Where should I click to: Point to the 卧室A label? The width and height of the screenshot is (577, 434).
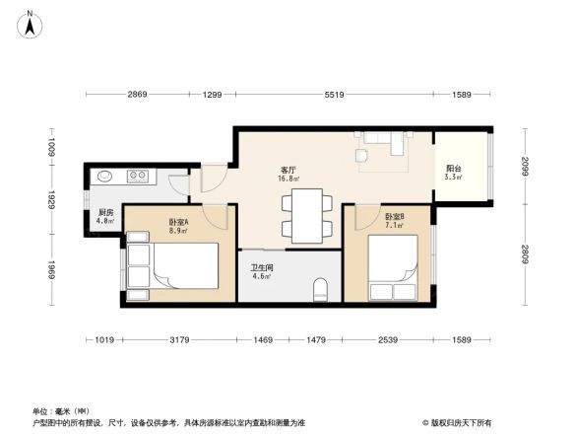tap(178, 223)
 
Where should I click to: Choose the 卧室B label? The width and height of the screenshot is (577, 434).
tap(395, 216)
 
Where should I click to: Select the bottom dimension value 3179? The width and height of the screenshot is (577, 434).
tap(178, 340)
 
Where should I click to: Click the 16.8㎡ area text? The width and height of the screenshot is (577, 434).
tap(288, 180)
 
